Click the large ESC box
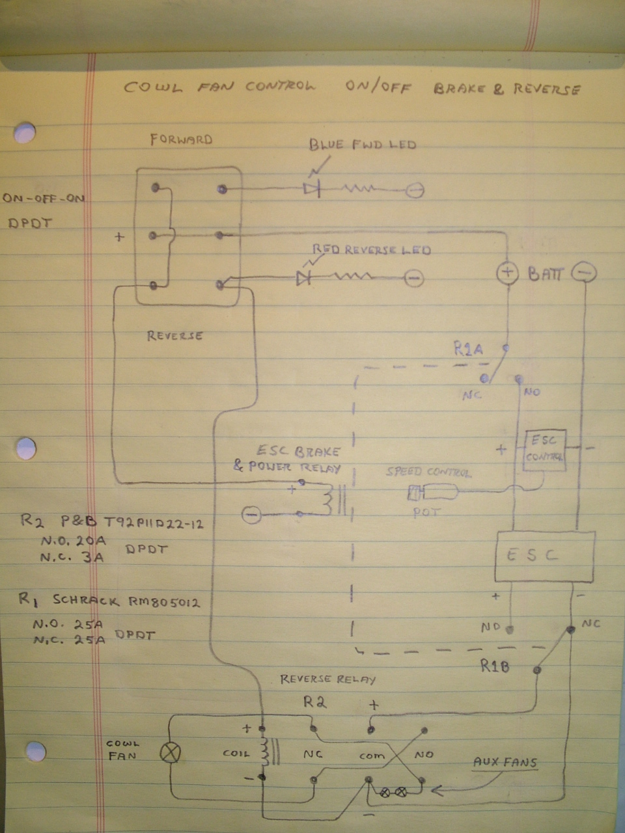[x=545, y=556]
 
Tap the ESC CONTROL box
[x=545, y=450]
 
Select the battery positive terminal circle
[x=507, y=273]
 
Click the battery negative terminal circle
[x=583, y=273]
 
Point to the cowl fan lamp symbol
[x=171, y=753]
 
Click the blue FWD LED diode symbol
[x=311, y=189]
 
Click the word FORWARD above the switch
[x=181, y=139]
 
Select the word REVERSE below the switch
[x=174, y=336]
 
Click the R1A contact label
[x=468, y=349]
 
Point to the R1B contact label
[x=495, y=666]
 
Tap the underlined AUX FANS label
[x=505, y=762]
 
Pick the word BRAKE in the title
[x=460, y=89]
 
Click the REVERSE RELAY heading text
[x=327, y=679]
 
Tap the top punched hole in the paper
[x=25, y=133]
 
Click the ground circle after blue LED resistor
[x=415, y=190]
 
